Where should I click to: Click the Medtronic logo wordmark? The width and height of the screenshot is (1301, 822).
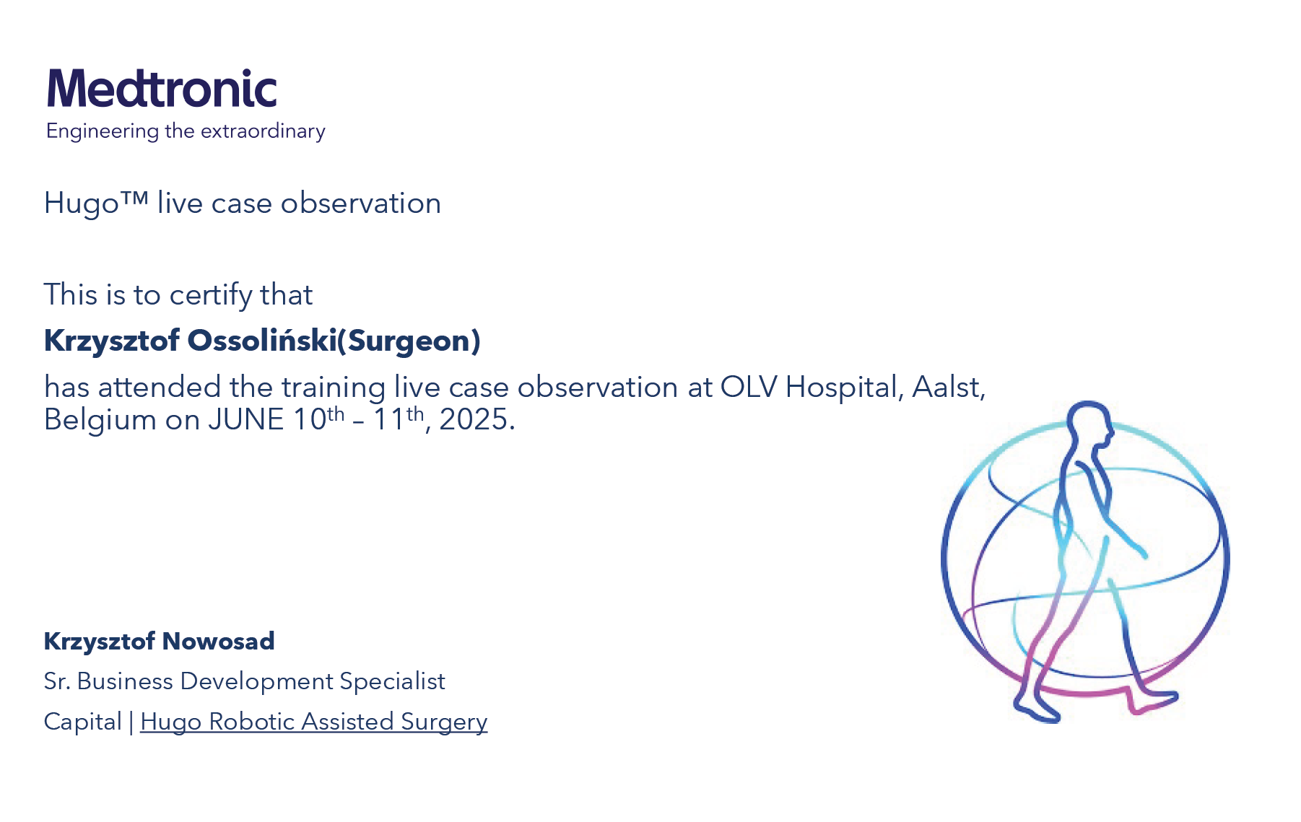(162, 89)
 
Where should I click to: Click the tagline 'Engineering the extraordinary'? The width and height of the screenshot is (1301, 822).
(186, 131)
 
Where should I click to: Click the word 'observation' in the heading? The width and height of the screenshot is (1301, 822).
(360, 204)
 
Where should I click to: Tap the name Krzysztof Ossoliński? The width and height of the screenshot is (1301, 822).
(191, 341)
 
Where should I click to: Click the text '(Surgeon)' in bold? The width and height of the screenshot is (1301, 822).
(409, 341)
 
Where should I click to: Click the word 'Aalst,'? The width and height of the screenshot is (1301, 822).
(949, 388)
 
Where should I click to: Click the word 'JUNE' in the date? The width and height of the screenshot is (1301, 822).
(246, 420)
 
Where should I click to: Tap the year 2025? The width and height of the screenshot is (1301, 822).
(477, 420)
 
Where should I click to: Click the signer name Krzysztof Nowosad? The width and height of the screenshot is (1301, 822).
(160, 641)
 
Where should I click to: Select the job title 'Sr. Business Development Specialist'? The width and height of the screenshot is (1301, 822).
(245, 681)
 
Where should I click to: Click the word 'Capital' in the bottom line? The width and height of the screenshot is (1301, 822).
(83, 722)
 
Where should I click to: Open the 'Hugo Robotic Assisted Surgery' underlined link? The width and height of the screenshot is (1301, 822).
(314, 722)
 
